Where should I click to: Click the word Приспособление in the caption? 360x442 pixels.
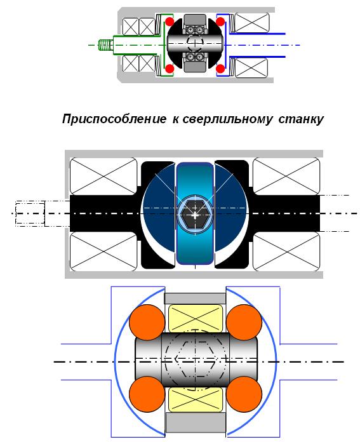click(x=114, y=119)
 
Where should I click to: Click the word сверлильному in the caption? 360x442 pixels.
click(x=228, y=119)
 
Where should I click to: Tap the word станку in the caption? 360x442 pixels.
click(x=301, y=119)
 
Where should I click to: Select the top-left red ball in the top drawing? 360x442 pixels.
click(x=170, y=21)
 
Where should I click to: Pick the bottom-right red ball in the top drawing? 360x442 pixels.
click(x=220, y=68)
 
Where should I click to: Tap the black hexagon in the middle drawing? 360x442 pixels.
click(x=194, y=215)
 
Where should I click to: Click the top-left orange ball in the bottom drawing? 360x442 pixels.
click(x=147, y=322)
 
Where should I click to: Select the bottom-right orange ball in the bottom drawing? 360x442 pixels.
click(x=244, y=394)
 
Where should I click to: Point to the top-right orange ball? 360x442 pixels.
click(x=244, y=322)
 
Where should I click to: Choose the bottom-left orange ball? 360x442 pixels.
click(x=147, y=394)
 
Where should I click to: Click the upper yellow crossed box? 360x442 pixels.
click(x=196, y=318)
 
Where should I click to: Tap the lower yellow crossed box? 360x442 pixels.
click(x=196, y=399)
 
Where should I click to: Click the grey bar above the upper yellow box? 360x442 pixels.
click(x=195, y=298)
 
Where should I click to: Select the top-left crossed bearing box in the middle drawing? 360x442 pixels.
click(x=103, y=177)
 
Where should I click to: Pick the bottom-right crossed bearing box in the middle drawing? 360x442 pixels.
click(x=286, y=251)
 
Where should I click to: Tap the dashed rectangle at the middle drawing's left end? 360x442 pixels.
click(x=30, y=213)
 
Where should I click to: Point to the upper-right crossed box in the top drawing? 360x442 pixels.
click(x=252, y=23)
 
